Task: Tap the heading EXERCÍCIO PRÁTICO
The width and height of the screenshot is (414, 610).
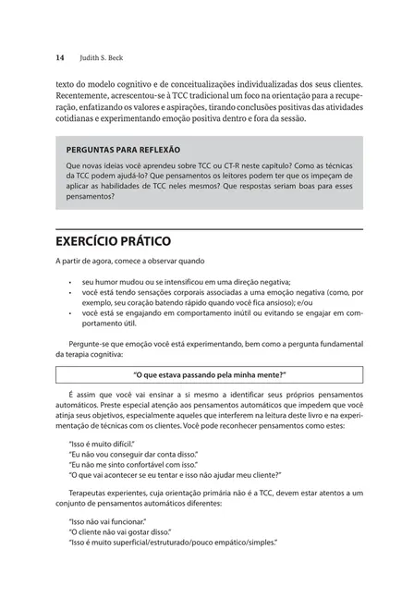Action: [113, 241]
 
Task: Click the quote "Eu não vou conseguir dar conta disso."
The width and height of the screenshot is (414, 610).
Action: [133, 456]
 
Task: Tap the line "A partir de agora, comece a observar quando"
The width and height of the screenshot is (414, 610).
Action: [129, 262]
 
